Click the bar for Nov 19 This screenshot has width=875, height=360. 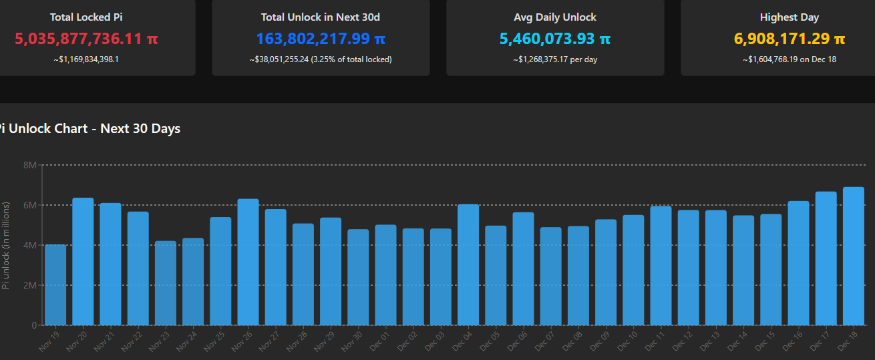(x=55, y=285)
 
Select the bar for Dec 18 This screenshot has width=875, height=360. (x=853, y=256)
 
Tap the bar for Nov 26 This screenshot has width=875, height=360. (x=248, y=262)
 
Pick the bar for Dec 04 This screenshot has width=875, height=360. (x=468, y=265)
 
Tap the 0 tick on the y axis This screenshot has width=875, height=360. (x=34, y=325)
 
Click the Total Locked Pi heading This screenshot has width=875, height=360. (x=86, y=17)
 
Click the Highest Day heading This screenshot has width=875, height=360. (x=789, y=17)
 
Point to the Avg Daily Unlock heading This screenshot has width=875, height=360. (x=555, y=17)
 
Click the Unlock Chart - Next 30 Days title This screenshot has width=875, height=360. (x=94, y=128)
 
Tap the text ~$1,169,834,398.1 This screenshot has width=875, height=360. (x=86, y=59)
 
